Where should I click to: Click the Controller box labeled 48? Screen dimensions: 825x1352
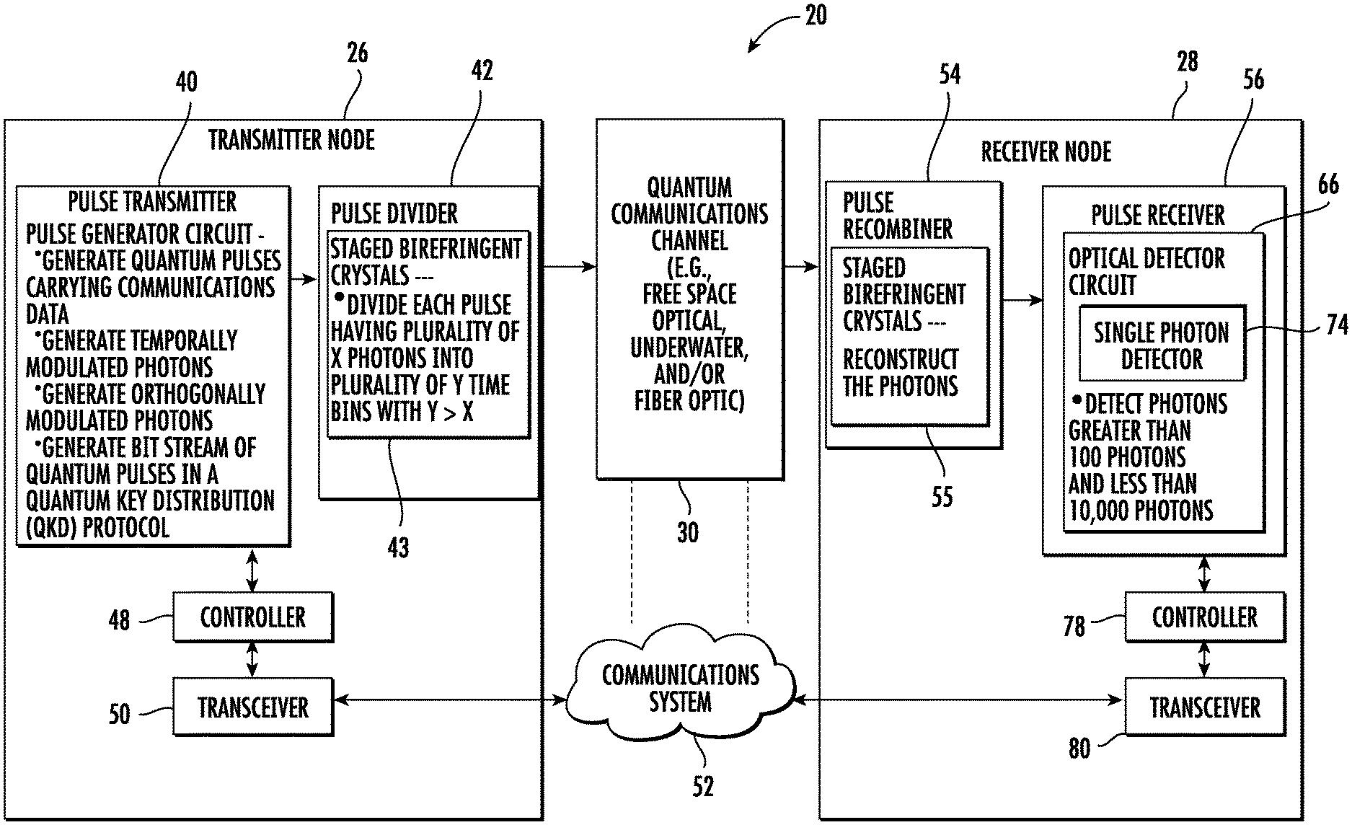point(252,617)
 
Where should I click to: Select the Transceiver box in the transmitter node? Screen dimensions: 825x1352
point(252,707)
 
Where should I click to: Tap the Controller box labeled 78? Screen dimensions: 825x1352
point(1204,617)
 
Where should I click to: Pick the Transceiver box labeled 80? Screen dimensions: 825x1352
point(1204,707)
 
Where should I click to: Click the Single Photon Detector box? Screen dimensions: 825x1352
point(1162,345)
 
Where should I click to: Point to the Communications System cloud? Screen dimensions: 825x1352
point(680,689)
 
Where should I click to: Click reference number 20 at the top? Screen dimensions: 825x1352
point(815,15)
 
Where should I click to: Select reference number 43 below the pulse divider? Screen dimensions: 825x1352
point(398,548)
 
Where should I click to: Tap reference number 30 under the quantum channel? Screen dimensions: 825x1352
point(687,532)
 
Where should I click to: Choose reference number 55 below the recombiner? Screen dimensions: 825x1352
point(942,497)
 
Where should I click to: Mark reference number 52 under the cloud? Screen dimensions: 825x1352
point(702,786)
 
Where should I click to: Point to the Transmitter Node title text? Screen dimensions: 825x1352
point(291,139)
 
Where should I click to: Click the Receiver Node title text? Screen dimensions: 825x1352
point(1046,151)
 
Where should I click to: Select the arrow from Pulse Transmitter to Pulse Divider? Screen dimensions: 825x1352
point(304,279)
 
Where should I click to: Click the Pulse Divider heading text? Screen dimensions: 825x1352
point(394,213)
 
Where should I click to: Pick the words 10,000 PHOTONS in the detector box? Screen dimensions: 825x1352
point(1141,511)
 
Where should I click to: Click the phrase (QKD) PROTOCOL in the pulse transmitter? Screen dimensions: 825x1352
point(97,528)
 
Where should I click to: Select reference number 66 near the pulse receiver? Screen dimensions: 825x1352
point(1328,185)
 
